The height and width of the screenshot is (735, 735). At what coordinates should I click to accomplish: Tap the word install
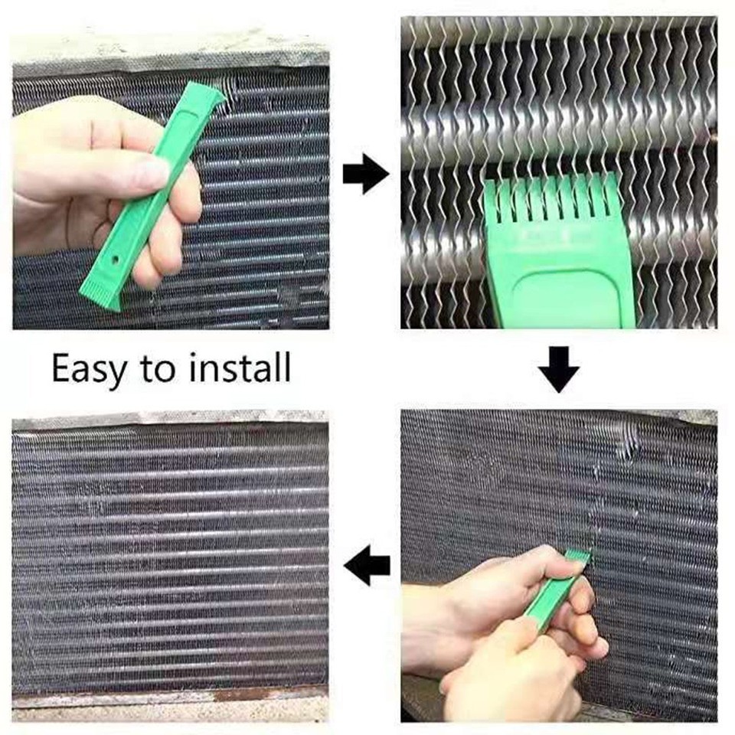click(x=239, y=367)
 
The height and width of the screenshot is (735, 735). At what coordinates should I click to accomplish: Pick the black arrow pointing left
click(x=367, y=567)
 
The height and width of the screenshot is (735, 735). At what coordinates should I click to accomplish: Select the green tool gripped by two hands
click(x=563, y=590)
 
